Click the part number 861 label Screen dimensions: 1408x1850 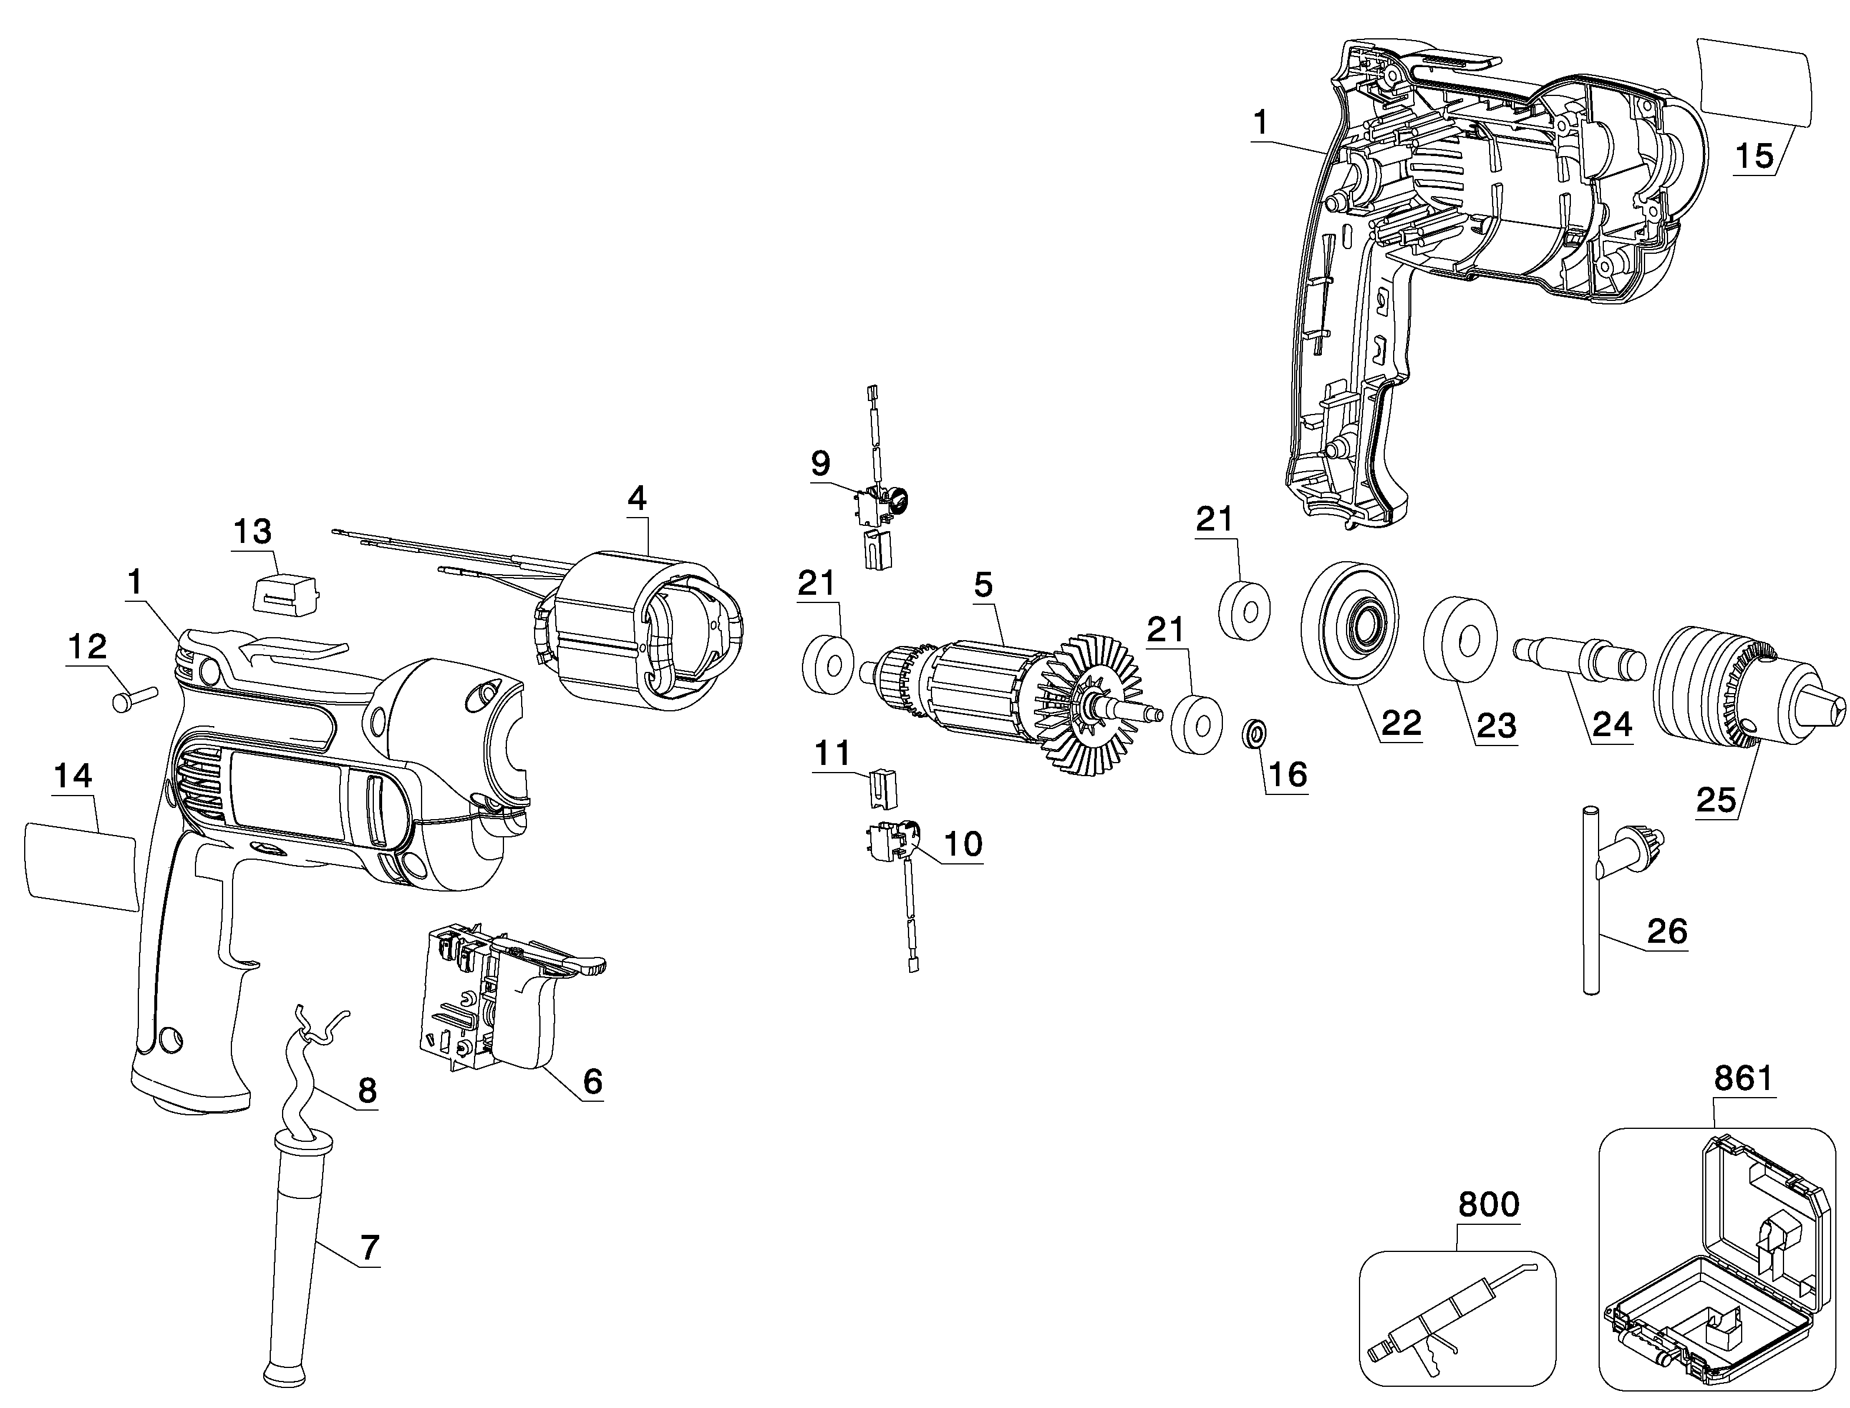1743,1079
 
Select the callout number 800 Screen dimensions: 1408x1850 1488,1204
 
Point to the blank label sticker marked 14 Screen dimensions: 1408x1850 81,865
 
